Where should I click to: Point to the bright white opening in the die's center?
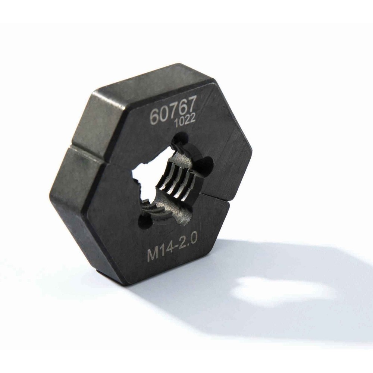click(x=147, y=172)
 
